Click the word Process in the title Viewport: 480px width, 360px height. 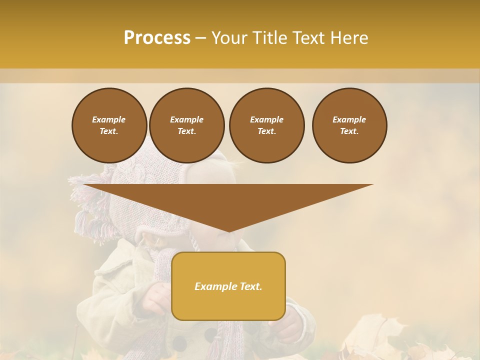(x=157, y=38)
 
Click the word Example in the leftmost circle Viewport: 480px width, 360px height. (x=109, y=119)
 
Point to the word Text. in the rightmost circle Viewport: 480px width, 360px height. (x=349, y=131)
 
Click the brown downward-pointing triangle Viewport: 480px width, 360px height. (x=228, y=200)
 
